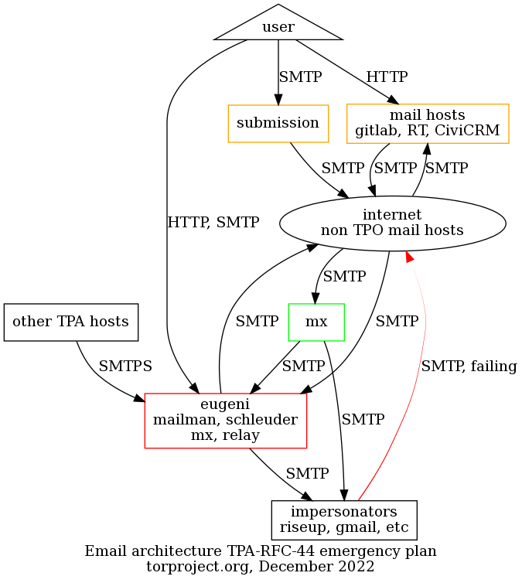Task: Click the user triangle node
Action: pos(278,26)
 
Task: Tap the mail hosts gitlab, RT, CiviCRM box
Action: pos(428,123)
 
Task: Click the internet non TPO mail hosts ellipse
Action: pos(392,223)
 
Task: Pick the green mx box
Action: pos(316,322)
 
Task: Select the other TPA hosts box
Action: pos(71,322)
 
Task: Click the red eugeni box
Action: pos(226,421)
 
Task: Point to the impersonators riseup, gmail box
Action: pos(344,520)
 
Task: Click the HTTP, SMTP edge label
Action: pos(213,223)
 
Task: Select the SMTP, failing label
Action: pos(469,367)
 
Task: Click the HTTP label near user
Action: pos(387,77)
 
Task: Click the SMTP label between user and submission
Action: pos(300,77)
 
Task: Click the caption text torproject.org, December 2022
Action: pos(261,566)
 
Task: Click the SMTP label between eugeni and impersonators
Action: pos(307,472)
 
